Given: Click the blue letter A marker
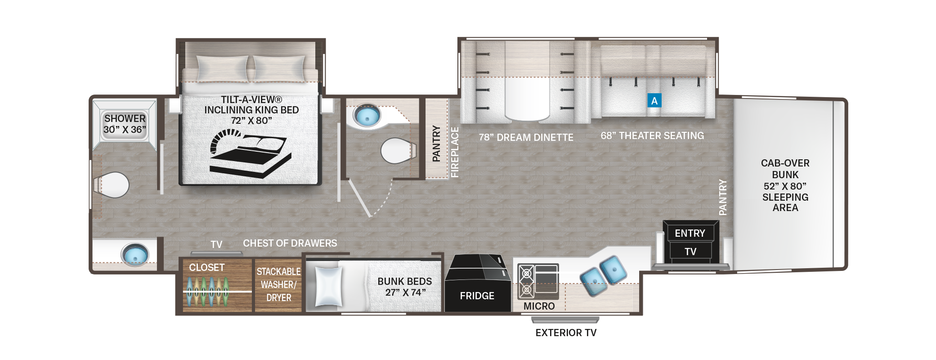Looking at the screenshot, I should pos(654,101).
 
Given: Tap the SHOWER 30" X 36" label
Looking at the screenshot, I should pos(125,124).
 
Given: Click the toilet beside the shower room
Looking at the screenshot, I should pos(112,185).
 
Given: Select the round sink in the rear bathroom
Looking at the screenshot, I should pos(134,254).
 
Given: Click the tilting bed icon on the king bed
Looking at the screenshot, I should pos(250,153).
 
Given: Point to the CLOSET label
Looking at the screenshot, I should pos(206,267).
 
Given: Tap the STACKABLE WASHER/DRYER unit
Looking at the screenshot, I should pos(278,285).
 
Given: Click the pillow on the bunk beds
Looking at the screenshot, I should pos(328,286).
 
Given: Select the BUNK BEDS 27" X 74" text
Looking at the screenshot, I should pos(404,287).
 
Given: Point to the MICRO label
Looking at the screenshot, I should pos(539,306).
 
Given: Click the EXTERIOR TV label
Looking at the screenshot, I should pos(566,333).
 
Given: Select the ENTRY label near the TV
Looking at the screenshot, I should pos(690,233).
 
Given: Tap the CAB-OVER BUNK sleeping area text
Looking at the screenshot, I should pos(785,185).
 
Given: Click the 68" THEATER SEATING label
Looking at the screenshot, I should pos(652,136).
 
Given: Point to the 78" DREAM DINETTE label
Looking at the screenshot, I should pos(526,138).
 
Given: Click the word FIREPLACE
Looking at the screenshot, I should pos(455,152).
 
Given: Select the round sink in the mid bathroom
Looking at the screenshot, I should pos(367,116).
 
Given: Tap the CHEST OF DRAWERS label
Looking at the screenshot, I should pos(290,243).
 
